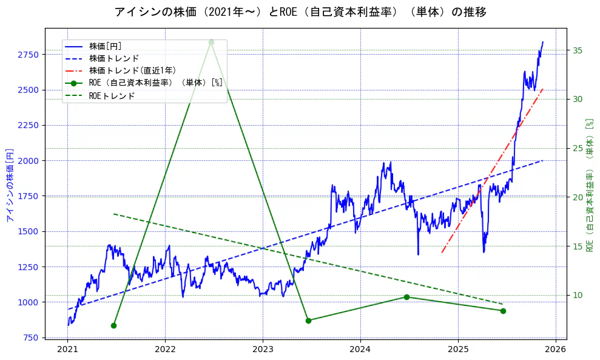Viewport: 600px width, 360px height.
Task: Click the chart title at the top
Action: click(300, 12)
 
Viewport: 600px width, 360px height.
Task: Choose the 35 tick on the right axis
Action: click(578, 50)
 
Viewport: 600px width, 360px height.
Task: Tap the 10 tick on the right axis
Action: click(578, 296)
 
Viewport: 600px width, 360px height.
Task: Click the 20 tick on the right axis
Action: click(578, 197)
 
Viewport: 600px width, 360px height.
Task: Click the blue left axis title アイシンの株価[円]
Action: click(10, 185)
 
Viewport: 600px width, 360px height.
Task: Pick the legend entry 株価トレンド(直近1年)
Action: click(132, 70)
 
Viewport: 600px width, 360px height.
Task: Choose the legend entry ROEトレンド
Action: click(112, 95)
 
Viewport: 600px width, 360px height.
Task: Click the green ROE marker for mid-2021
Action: click(113, 325)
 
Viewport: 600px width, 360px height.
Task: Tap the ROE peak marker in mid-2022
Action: click(211, 42)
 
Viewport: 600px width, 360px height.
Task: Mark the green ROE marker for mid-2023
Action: click(308, 321)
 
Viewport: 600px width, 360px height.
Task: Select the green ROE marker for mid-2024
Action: click(406, 297)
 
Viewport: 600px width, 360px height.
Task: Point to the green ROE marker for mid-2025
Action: click(503, 311)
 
